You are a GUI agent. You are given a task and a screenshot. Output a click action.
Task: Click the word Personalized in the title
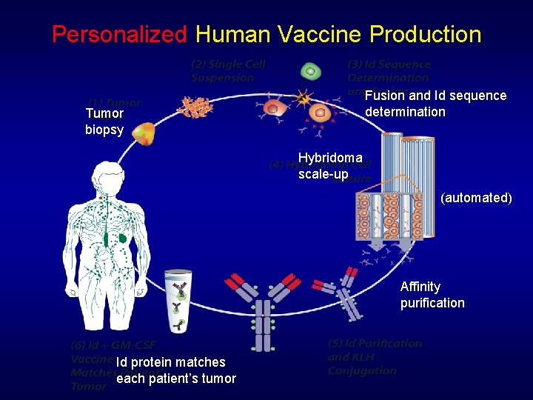point(119,34)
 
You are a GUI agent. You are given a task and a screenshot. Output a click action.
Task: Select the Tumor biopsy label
point(104,122)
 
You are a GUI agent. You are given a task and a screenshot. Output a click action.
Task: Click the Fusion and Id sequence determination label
point(435,104)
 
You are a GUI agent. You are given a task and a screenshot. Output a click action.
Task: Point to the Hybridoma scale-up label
point(329,166)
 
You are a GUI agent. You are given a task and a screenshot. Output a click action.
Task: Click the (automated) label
point(476,198)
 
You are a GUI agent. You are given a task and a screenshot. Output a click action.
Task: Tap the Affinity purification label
point(432,295)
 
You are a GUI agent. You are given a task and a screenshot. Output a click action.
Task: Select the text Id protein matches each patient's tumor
point(176,370)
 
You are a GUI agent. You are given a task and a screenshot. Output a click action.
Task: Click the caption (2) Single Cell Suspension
point(228,71)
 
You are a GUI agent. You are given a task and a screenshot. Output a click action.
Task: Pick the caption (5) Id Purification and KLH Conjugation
point(374,357)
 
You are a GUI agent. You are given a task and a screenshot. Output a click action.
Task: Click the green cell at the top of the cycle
point(311,71)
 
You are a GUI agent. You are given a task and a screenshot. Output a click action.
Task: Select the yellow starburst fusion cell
point(303,98)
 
